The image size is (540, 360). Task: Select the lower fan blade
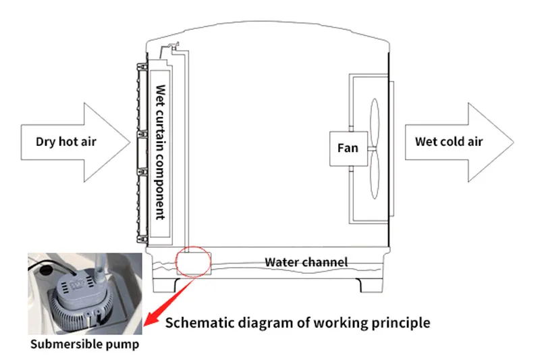374,180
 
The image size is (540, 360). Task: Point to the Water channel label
306,262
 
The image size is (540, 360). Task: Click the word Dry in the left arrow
46,142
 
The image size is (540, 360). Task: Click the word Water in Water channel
281,262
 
